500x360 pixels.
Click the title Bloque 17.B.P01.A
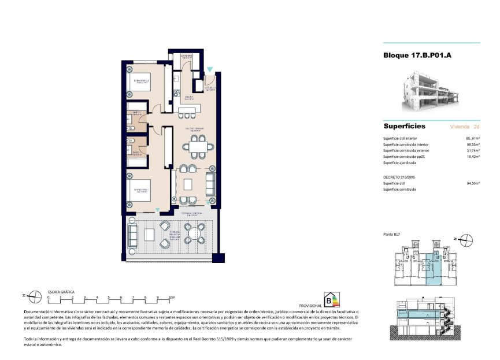point(417,56)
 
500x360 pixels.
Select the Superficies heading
point(404,126)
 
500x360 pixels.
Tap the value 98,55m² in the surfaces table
point(473,144)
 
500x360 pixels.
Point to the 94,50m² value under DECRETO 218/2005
point(473,183)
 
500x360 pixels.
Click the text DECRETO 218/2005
point(400,177)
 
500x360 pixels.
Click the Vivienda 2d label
point(465,126)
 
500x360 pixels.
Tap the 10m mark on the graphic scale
point(171,297)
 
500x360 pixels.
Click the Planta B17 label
point(392,234)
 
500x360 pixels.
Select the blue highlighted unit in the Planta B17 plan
point(433,270)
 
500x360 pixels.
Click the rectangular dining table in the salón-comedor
point(198,147)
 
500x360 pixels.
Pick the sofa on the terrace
point(133,234)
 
